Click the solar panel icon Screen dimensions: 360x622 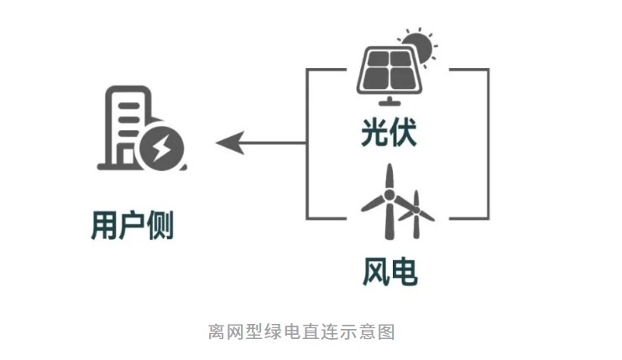[x=389, y=71]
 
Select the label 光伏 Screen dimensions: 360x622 [x=389, y=133]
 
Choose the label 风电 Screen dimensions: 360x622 [x=389, y=271]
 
